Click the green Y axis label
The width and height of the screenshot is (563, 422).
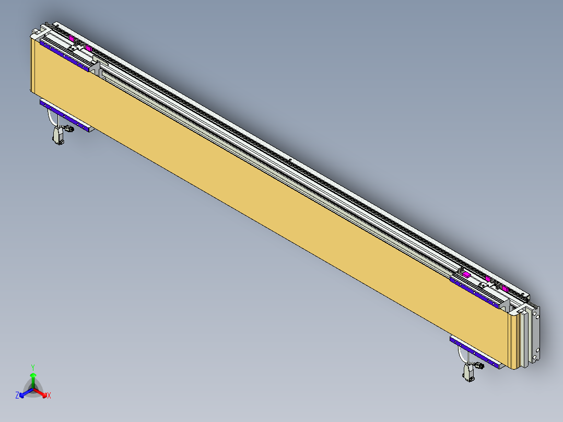(x=32, y=367)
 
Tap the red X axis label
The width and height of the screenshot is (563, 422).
(x=49, y=395)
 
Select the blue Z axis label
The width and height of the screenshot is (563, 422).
(x=17, y=395)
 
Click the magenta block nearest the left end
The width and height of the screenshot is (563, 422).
(x=72, y=39)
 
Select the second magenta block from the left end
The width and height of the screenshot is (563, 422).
(x=89, y=49)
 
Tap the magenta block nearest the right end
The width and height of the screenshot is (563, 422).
(x=505, y=288)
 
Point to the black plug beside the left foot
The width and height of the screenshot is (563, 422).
(x=68, y=128)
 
